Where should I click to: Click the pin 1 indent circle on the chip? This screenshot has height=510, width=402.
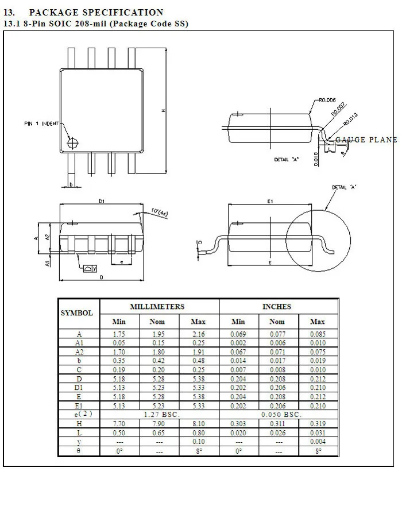click(x=72, y=142)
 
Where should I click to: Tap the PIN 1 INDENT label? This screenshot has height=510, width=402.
click(x=41, y=123)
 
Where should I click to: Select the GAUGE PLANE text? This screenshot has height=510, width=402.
click(x=366, y=140)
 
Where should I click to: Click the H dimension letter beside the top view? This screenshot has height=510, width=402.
click(x=164, y=110)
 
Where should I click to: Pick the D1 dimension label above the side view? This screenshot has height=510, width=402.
click(x=101, y=201)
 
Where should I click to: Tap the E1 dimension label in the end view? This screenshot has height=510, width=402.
click(x=269, y=201)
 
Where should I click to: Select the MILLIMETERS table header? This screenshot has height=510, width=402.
click(x=157, y=307)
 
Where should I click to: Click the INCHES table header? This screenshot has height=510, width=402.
click(x=277, y=307)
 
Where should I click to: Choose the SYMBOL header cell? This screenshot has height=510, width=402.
click(x=77, y=313)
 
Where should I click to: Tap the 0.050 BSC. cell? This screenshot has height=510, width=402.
click(x=281, y=414)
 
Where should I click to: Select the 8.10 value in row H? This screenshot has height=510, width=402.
click(x=198, y=423)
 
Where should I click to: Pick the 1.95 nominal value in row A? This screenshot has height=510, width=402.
click(x=159, y=334)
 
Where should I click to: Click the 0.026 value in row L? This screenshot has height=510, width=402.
click(x=277, y=432)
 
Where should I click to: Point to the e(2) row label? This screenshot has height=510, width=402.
click(x=79, y=414)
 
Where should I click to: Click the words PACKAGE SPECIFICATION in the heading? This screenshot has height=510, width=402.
click(x=96, y=12)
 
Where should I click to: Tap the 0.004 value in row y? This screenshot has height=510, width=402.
click(x=317, y=441)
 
